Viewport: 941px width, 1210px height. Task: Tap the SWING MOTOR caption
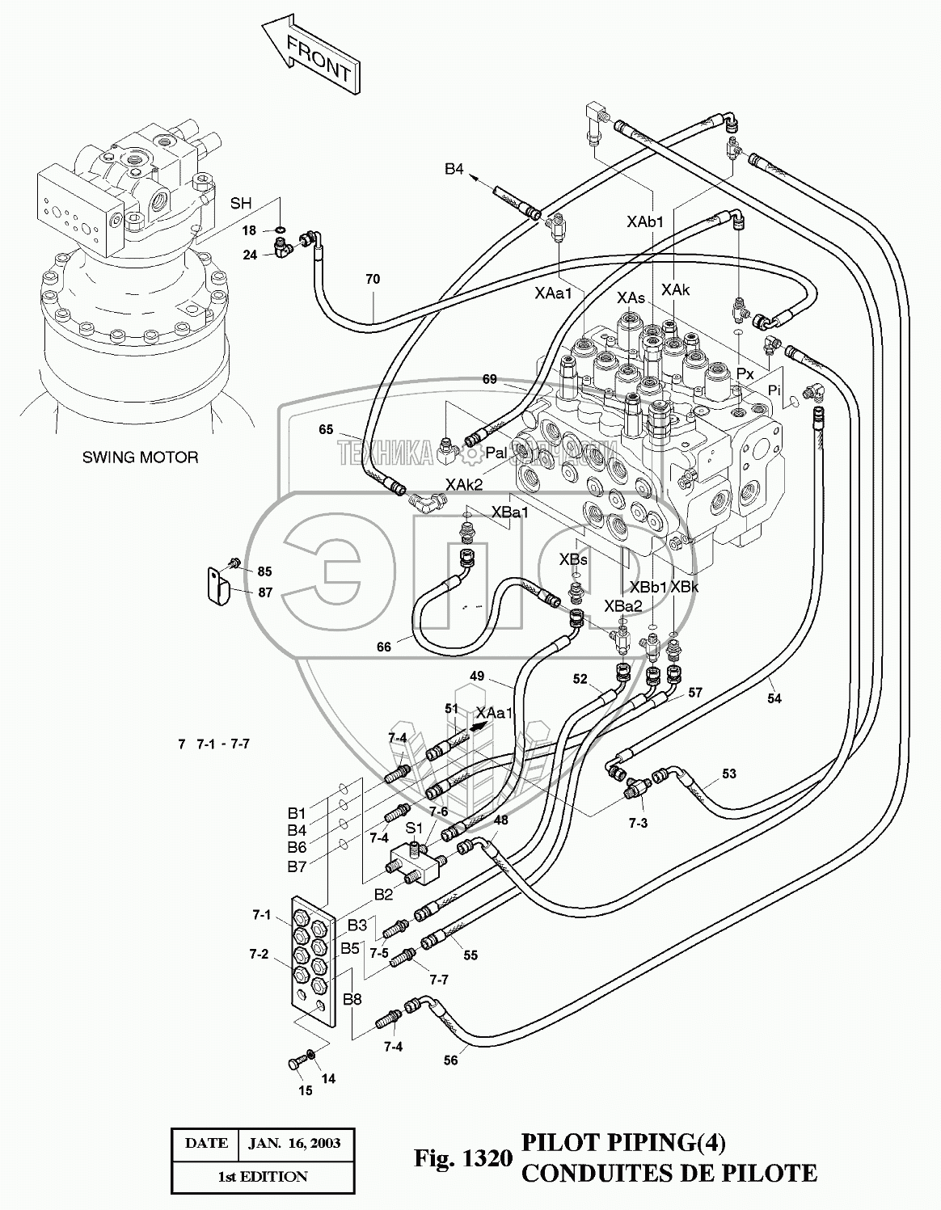(x=140, y=457)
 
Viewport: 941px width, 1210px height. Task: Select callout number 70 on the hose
(x=373, y=280)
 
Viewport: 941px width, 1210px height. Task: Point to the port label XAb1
(x=645, y=220)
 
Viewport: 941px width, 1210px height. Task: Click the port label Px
(x=745, y=375)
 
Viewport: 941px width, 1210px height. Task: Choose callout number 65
(x=326, y=430)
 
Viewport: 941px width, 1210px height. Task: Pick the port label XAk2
(x=464, y=484)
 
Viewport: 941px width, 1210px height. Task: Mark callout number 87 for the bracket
(x=265, y=592)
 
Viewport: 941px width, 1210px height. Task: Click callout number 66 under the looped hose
(x=384, y=647)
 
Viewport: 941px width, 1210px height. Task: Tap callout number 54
(x=774, y=698)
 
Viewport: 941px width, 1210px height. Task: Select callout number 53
(x=729, y=774)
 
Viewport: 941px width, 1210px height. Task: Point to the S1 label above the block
(x=414, y=828)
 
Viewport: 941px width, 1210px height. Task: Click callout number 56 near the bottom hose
(x=451, y=1060)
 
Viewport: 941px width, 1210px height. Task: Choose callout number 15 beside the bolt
(x=306, y=1090)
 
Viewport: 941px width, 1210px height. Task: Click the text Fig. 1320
(x=463, y=1158)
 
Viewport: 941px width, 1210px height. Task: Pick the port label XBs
(x=573, y=559)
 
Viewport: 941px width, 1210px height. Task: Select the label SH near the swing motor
(x=241, y=204)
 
